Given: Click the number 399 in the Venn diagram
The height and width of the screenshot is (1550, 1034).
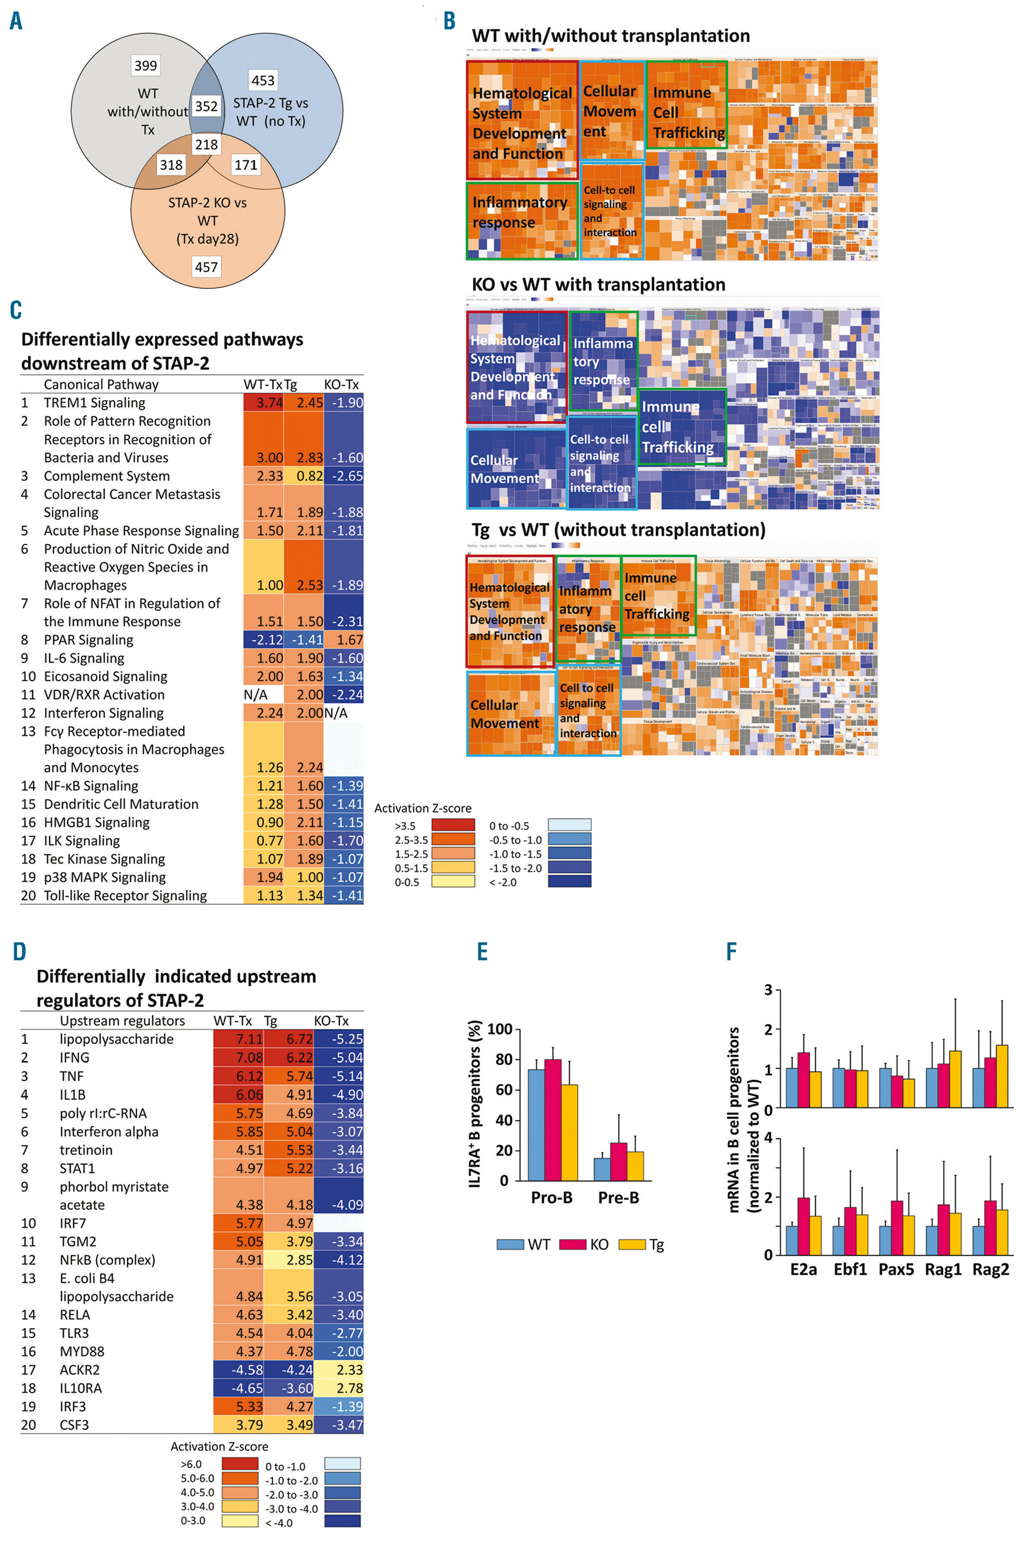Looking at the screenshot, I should click(146, 65).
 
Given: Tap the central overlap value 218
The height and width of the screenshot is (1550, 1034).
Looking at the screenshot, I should click(206, 144).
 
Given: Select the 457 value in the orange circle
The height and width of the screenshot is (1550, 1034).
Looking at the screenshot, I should click(206, 267).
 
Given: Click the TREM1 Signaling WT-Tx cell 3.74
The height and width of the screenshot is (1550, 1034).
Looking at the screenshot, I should click(264, 402).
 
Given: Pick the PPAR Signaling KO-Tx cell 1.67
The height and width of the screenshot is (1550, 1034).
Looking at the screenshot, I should click(344, 639).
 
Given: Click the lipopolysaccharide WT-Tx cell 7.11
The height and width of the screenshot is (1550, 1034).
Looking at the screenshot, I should click(239, 1039).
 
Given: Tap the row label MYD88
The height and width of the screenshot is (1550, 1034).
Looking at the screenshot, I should click(82, 1351).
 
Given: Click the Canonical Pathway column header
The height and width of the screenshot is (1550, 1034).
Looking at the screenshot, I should click(101, 385).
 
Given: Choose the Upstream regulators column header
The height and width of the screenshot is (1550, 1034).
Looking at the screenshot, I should click(122, 1021).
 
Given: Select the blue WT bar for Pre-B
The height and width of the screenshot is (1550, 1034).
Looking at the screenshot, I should click(602, 1169).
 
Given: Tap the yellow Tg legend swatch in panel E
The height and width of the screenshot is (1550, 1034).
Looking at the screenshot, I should click(632, 1244).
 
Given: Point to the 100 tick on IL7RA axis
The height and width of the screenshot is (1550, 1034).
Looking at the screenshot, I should click(499, 1029).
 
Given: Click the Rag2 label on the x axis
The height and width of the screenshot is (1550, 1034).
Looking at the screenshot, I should click(991, 1269).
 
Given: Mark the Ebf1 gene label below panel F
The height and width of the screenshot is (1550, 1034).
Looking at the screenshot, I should click(849, 1269).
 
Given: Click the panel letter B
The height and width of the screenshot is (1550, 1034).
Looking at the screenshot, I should click(449, 21).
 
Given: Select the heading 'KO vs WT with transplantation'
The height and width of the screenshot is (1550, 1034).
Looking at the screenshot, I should click(598, 284).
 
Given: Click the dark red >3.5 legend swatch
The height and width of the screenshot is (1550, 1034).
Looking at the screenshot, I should click(453, 825).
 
